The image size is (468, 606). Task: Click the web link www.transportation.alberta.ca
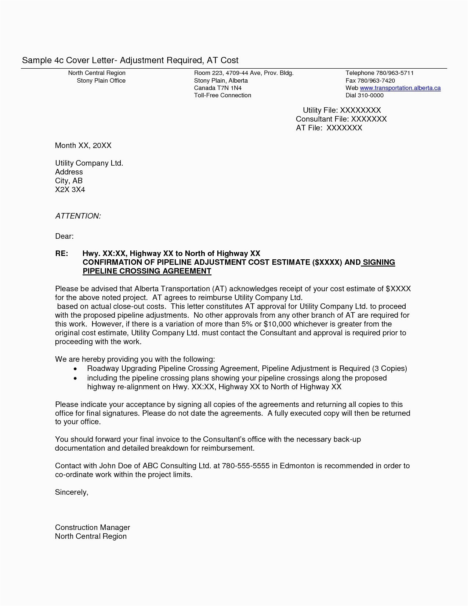pos(400,88)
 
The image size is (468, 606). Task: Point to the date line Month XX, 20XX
pos(83,145)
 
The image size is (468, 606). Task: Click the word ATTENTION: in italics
pos(78,216)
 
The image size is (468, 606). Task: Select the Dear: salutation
pos(64,236)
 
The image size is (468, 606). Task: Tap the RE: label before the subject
pos(61,253)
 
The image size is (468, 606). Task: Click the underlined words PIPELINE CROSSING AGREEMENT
pos(147,271)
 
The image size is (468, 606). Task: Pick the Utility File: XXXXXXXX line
pos(342,110)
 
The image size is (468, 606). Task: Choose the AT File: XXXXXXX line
pos(329,128)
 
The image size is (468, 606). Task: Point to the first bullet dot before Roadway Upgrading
pos(75,369)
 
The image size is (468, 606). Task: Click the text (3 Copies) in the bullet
pos(389,368)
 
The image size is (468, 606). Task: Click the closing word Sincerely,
pos(72,492)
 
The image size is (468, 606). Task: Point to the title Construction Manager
pos(92,527)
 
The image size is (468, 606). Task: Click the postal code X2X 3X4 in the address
pos(70,190)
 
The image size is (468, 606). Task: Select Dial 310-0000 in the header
pos(364,95)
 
